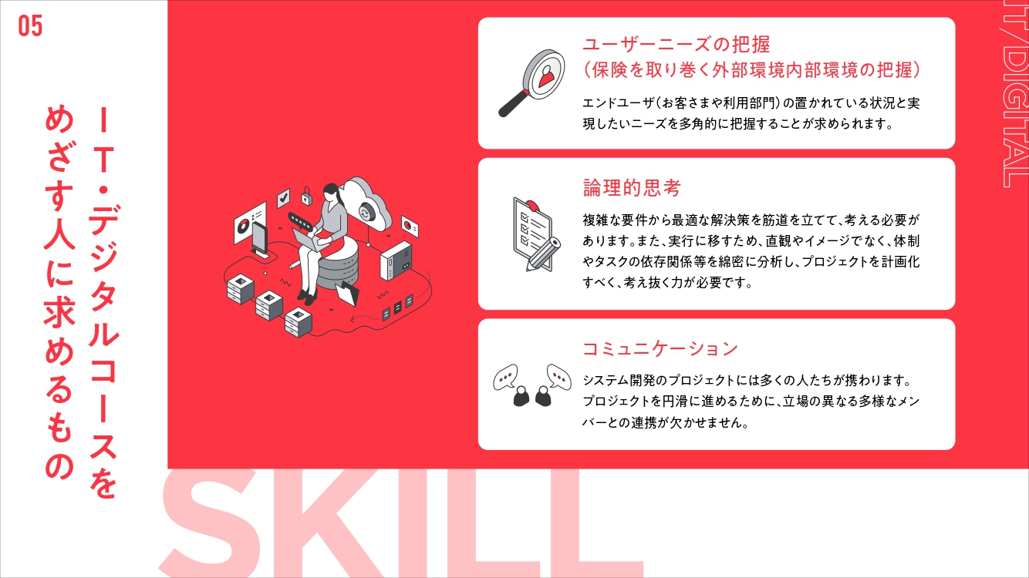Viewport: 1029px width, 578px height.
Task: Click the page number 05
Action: click(x=30, y=25)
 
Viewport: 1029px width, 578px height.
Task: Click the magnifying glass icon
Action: click(x=532, y=82)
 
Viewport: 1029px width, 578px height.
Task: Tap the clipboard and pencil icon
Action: click(x=536, y=234)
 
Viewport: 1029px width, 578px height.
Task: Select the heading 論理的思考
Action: click(x=631, y=188)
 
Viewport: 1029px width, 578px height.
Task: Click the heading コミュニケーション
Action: click(x=660, y=348)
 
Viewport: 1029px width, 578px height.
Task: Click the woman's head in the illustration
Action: click(x=331, y=191)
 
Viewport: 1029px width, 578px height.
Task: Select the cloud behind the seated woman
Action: click(x=367, y=204)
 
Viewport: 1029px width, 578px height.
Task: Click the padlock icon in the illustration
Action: click(x=306, y=196)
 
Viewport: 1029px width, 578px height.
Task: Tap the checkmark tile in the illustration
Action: click(x=283, y=198)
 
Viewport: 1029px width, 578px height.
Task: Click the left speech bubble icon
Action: click(x=505, y=378)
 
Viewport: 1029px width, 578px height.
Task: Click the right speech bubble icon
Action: click(x=559, y=376)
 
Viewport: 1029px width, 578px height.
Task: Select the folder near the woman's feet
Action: click(x=347, y=293)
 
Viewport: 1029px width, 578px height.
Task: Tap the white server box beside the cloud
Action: click(x=396, y=260)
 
